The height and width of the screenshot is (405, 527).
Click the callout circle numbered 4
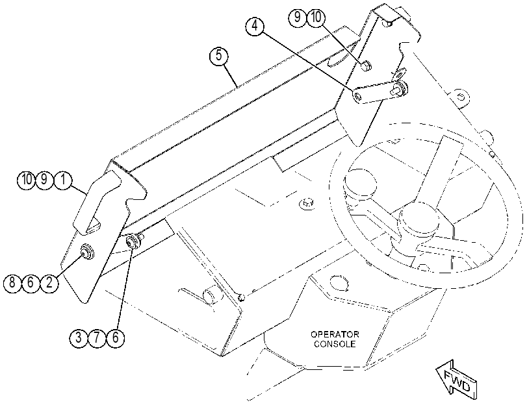255,26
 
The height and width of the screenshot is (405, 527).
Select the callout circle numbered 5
219,55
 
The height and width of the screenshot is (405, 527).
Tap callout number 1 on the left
63,180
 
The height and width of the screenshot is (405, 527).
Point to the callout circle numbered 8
12,282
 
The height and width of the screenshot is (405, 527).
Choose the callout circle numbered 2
49,282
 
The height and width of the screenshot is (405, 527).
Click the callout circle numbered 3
79,337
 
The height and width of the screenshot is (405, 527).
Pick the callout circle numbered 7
97,337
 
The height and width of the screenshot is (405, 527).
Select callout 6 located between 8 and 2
31,282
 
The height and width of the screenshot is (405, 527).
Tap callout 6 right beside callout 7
115,337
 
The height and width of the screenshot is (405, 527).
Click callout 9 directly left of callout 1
44,180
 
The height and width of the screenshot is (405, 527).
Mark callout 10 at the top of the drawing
316,17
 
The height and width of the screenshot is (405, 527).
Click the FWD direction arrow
457,380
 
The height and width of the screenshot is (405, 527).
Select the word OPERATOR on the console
335,334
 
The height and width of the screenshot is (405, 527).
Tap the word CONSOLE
335,344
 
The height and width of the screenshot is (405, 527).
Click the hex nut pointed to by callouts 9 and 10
366,65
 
